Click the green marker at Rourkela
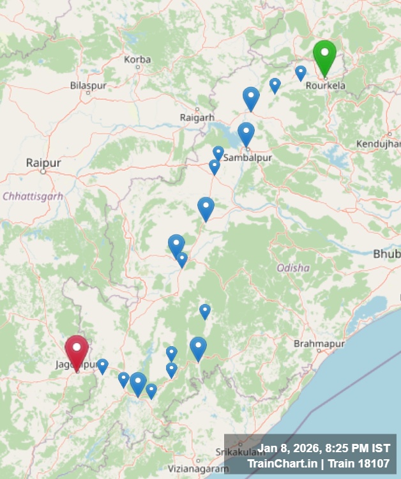coord(324,56)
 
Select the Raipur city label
coord(43,163)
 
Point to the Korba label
coord(138,60)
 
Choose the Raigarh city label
coord(197,118)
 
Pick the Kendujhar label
coord(379,144)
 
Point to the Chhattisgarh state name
coord(33,196)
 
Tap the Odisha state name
coord(293,268)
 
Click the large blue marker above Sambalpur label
coord(246,133)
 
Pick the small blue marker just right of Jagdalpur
coord(102,365)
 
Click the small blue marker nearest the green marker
coord(300,72)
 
